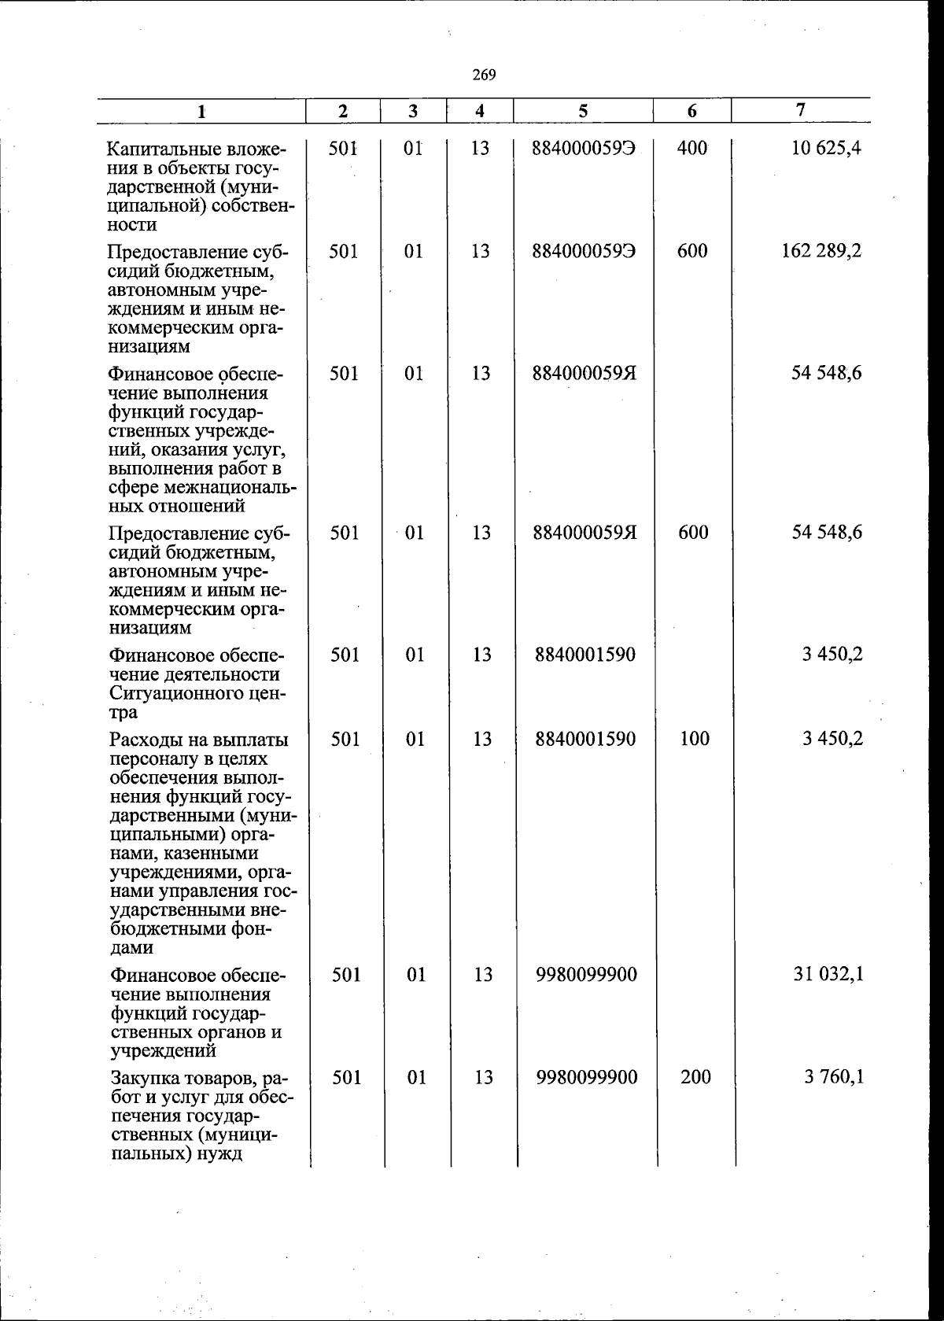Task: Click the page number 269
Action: pos(484,75)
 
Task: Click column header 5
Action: pos(583,111)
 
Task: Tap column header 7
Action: pos(800,110)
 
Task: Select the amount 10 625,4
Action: pos(827,147)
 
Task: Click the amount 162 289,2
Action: pos(821,251)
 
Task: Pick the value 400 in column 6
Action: pos(692,147)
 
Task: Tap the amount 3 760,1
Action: pos(833,1076)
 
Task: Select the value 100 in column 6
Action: pos(695,738)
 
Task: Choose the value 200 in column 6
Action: pos(695,1076)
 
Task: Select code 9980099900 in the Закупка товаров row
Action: pos(586,1076)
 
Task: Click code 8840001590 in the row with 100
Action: pos(584,738)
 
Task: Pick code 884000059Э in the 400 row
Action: pos(584,147)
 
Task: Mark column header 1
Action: pos(202,112)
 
